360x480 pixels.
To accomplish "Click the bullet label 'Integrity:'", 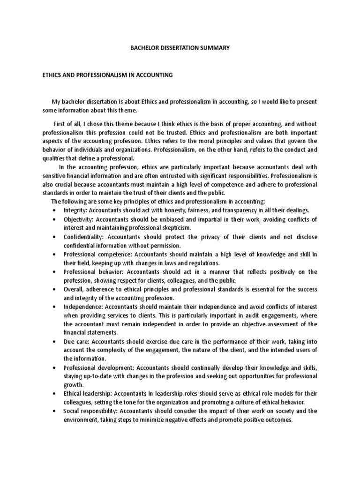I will (75, 210).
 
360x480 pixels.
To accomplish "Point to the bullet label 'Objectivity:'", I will (78, 219).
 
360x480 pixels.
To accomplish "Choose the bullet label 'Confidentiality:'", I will (83, 237).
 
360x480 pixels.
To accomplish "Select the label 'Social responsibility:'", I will (90, 412).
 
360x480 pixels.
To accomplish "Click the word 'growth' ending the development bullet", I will (73, 385).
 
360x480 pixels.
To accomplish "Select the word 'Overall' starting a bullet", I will (74, 289).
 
